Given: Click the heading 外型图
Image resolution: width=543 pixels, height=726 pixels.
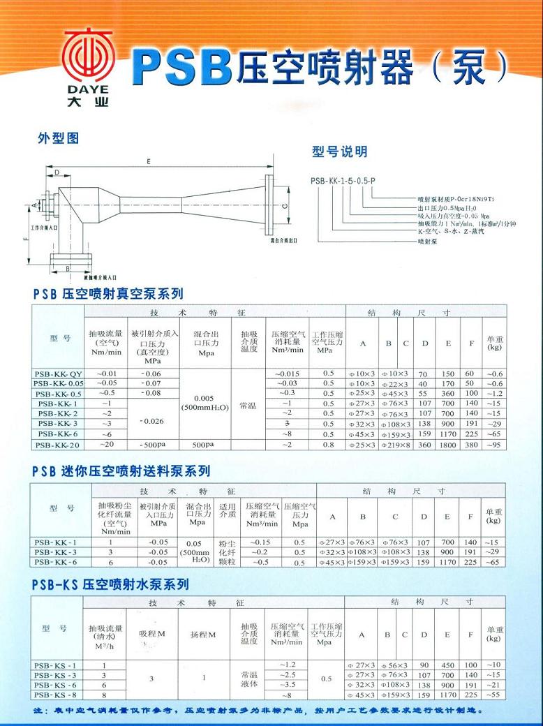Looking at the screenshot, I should click(58, 139).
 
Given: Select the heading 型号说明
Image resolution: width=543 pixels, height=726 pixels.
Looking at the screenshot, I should click(339, 152).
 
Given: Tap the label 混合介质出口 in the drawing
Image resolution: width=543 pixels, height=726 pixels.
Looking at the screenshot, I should click(283, 239).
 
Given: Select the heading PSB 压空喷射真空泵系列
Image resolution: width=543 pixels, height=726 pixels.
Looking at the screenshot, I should click(107, 294).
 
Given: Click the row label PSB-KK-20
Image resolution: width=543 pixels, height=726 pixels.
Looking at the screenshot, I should click(58, 445).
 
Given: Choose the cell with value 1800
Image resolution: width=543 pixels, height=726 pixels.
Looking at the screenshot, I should click(447, 445).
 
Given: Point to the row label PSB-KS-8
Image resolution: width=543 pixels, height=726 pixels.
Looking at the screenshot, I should click(58, 695).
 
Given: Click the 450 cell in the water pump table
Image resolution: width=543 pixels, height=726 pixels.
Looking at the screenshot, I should click(447, 665).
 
